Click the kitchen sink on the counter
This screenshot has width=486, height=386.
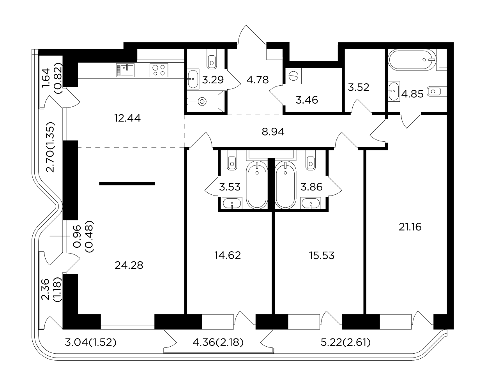click(x=125, y=70)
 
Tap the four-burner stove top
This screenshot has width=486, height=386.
click(x=159, y=70)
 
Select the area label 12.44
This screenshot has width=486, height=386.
click(x=127, y=118)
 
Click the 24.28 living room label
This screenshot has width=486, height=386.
click(x=129, y=265)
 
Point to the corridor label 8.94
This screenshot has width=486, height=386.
click(x=273, y=132)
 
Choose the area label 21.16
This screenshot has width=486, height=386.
click(x=410, y=227)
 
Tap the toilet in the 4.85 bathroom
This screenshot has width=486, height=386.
click(x=437, y=92)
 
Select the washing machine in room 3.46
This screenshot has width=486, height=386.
click(x=293, y=76)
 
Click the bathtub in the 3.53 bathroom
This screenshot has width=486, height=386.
click(x=257, y=185)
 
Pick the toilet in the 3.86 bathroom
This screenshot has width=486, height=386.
click(x=311, y=160)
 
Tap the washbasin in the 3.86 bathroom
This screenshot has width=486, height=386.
click(x=311, y=203)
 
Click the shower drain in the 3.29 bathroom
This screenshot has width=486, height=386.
click(x=202, y=101)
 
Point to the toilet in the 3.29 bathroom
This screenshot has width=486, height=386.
click(x=212, y=59)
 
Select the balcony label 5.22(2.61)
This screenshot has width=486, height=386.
click(x=346, y=343)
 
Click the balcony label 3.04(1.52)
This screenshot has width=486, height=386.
click(x=90, y=343)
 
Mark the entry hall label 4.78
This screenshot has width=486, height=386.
click(x=258, y=80)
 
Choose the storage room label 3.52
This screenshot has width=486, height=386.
click(x=359, y=87)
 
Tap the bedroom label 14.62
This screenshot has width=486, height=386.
click(x=228, y=255)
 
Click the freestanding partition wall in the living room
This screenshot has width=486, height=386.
click(x=127, y=184)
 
